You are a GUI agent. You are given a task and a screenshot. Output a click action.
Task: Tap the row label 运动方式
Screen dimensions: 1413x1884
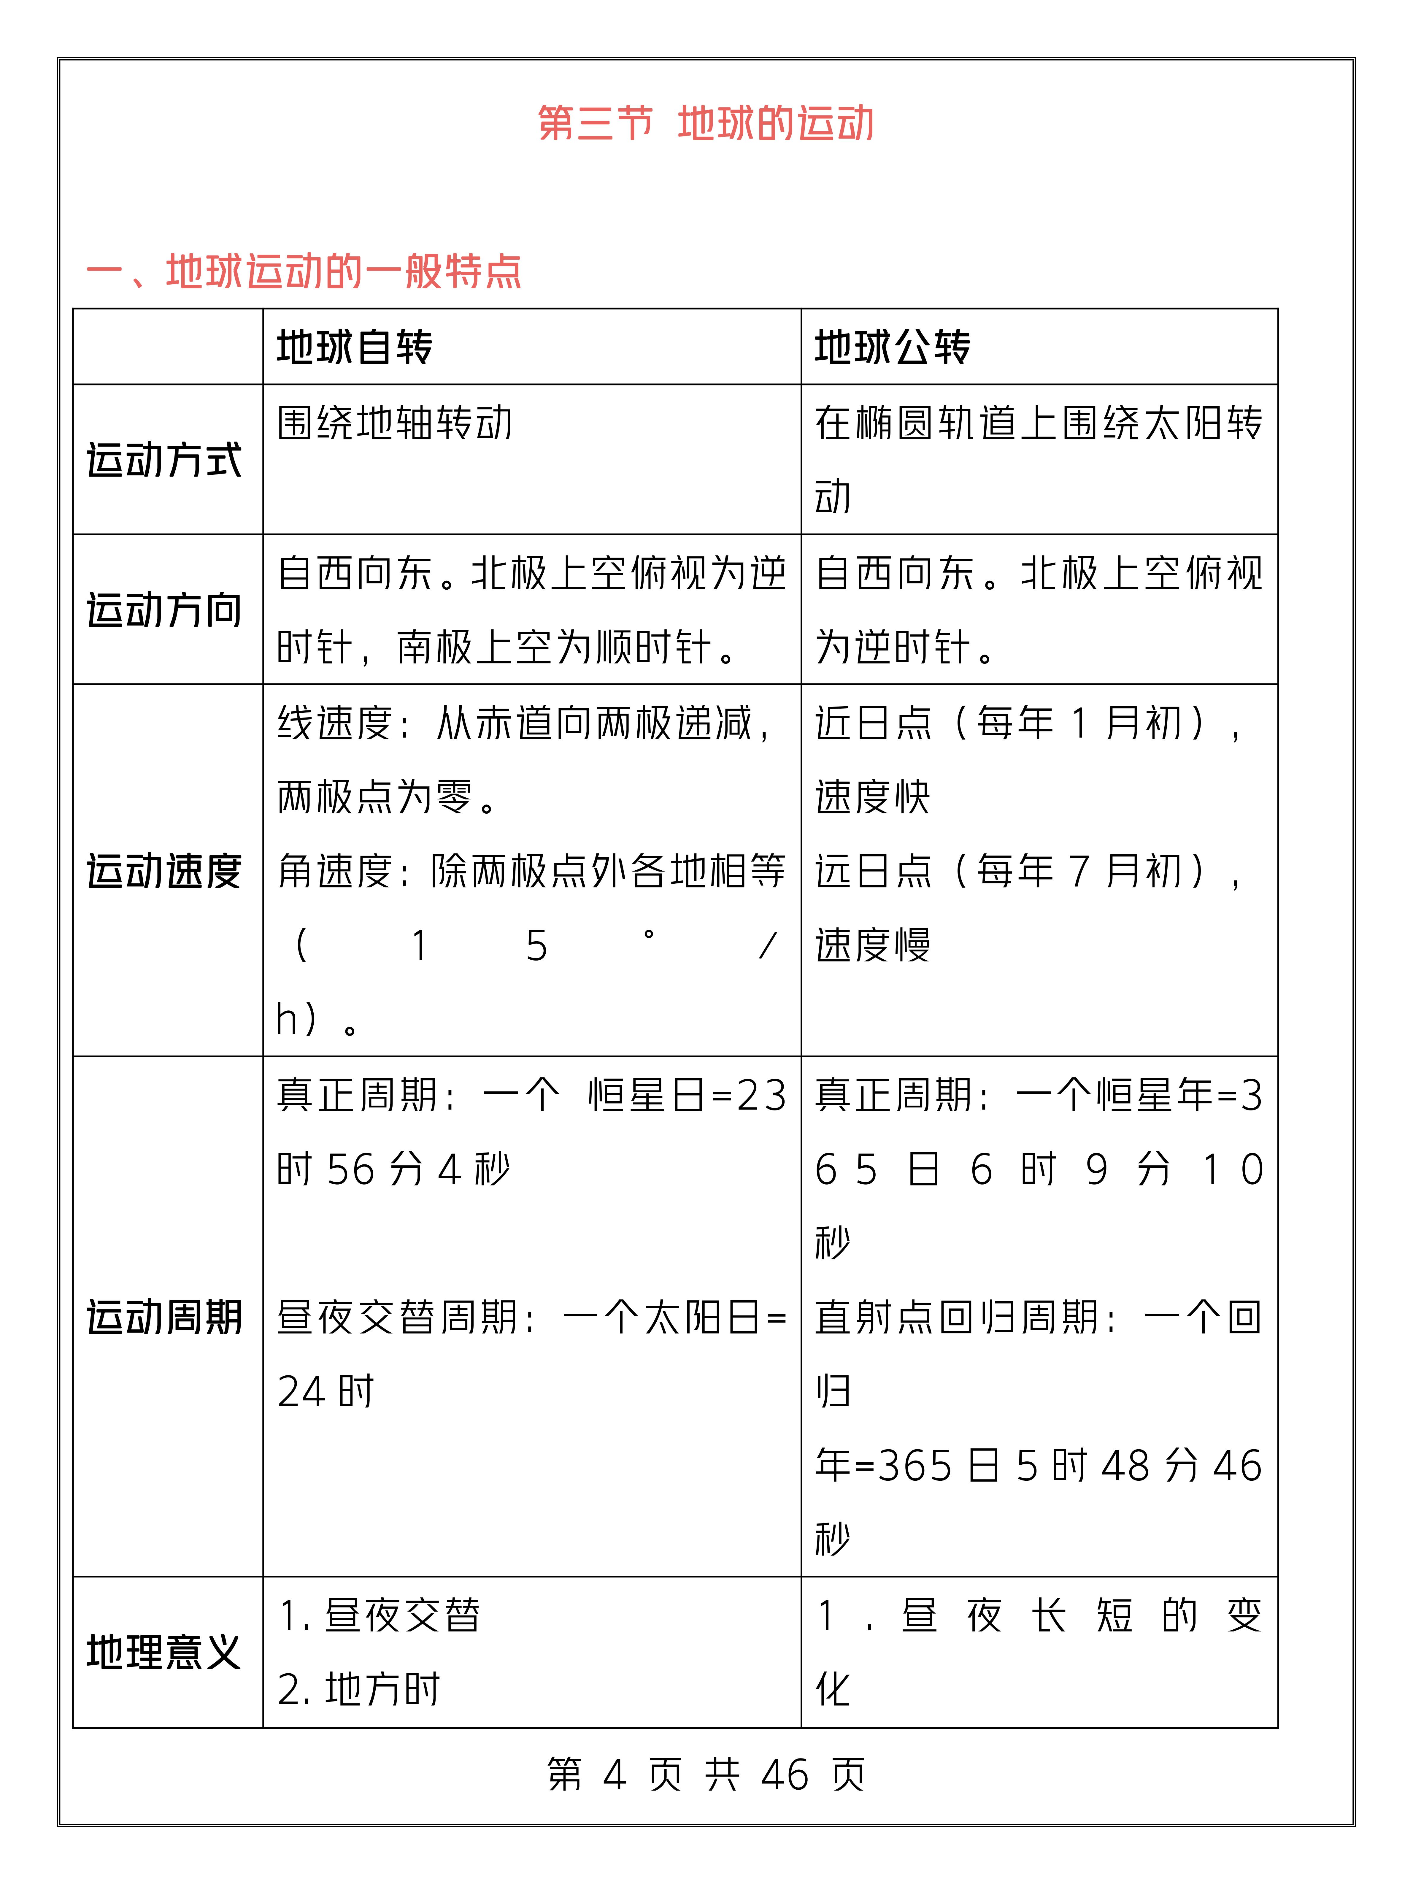(164, 460)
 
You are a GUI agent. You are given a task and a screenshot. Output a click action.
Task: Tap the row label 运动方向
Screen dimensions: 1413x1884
(164, 610)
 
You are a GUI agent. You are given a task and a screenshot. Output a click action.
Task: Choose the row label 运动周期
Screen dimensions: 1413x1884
(164, 1317)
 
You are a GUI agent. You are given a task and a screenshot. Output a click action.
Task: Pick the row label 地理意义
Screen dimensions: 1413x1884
(164, 1652)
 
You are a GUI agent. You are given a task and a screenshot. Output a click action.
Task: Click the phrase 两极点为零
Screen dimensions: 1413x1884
(375, 797)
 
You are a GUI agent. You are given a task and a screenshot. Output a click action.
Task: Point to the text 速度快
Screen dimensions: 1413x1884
(872, 797)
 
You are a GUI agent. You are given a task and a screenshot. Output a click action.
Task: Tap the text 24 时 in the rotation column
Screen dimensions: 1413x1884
(325, 1392)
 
